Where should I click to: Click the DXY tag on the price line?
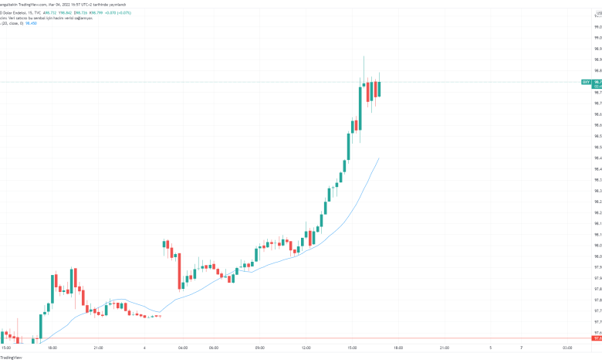586,81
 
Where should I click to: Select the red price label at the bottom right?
597,338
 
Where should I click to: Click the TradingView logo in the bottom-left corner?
11,358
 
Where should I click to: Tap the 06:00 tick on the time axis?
214,348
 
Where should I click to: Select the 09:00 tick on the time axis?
260,348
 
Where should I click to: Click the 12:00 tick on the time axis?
306,348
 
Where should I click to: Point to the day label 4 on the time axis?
144,348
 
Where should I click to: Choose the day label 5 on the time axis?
491,348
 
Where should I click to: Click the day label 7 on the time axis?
521,348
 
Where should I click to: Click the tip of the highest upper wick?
364,56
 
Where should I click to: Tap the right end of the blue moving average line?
379,158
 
